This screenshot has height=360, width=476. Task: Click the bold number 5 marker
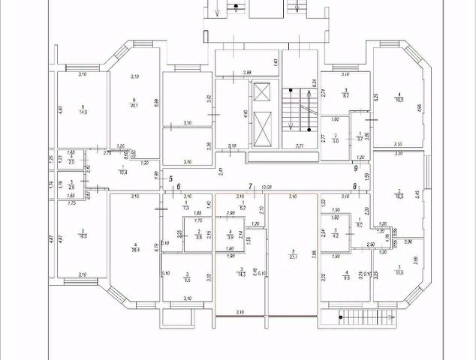pyautogui.click(x=170, y=179)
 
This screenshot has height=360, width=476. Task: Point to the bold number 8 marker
pyautogui.click(x=354, y=186)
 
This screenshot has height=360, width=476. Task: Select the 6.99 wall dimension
pyautogui.click(x=156, y=102)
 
